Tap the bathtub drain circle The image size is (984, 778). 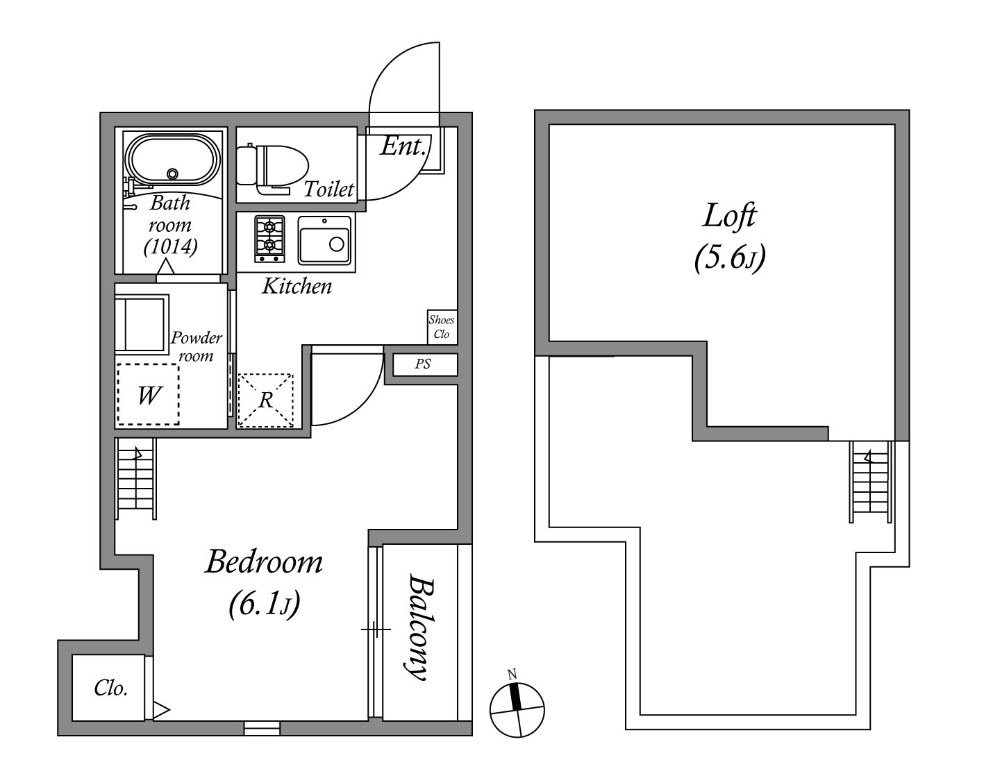(172, 174)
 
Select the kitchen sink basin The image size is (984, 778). (325, 240)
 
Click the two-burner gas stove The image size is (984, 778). (269, 239)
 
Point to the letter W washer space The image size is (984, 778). (149, 395)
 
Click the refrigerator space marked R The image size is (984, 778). (266, 401)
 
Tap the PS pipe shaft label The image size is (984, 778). (423, 364)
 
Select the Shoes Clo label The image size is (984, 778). (441, 328)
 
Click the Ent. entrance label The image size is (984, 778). (403, 146)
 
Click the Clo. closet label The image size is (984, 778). (110, 688)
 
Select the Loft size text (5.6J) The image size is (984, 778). (730, 259)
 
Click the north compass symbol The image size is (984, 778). (517, 709)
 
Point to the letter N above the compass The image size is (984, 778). (512, 674)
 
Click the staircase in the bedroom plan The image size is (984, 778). (135, 479)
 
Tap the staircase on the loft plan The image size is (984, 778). (871, 482)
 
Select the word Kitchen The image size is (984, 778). (297, 287)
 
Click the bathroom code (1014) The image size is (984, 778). (171, 247)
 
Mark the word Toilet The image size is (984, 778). (328, 189)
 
